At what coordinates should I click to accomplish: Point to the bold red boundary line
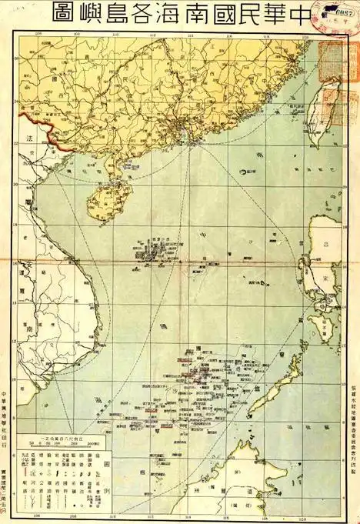click(38, 123)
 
